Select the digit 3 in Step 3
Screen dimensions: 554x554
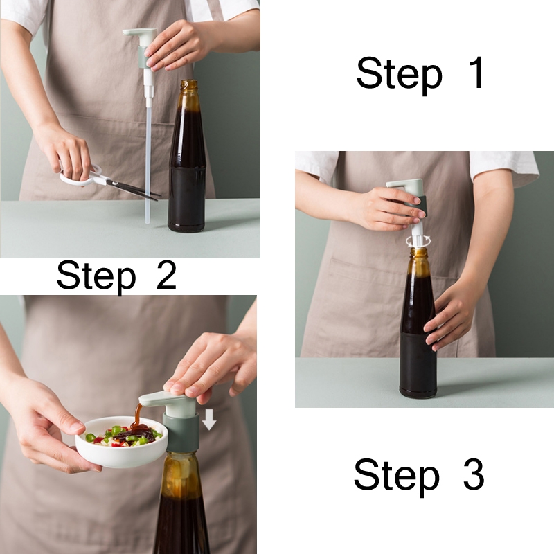click(x=473, y=474)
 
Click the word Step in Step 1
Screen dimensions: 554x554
click(x=400, y=75)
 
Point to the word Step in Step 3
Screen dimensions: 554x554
click(x=396, y=476)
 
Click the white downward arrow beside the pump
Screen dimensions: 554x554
click(x=209, y=420)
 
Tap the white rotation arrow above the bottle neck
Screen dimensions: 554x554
click(x=419, y=240)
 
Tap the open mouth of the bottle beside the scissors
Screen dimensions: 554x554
click(x=188, y=83)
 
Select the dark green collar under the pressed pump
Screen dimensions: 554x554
click(x=181, y=431)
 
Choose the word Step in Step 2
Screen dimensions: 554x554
click(x=96, y=276)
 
